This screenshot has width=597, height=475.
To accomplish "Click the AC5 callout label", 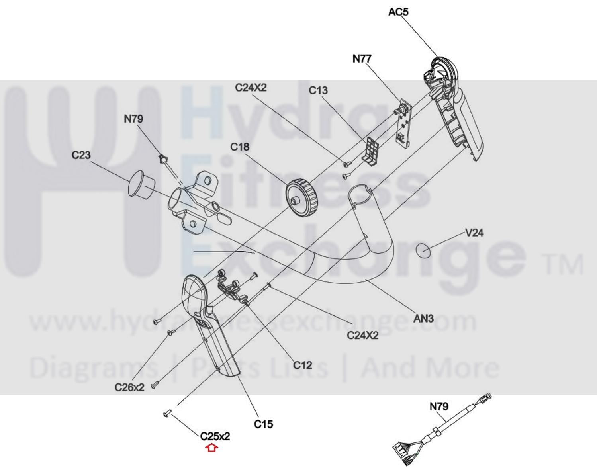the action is [398, 12].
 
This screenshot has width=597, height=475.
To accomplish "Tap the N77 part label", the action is [362, 59].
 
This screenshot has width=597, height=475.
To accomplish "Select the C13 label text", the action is [318, 90].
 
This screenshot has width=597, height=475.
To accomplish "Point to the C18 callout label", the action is [240, 147].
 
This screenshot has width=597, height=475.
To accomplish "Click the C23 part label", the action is [81, 155].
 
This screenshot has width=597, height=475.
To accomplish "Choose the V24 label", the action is [474, 233].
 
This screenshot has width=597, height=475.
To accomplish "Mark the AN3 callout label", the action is [423, 319].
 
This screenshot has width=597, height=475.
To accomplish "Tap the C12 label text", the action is [302, 365].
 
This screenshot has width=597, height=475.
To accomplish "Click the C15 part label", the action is [263, 424].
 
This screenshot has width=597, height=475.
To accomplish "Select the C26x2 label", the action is [129, 387].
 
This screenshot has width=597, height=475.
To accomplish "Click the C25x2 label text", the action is [215, 436].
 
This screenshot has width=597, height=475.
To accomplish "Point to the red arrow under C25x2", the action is [212, 448].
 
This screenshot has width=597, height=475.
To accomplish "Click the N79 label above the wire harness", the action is [439, 407].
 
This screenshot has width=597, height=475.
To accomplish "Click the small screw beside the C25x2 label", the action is [167, 414].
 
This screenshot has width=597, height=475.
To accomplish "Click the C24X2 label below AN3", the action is [362, 335].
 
